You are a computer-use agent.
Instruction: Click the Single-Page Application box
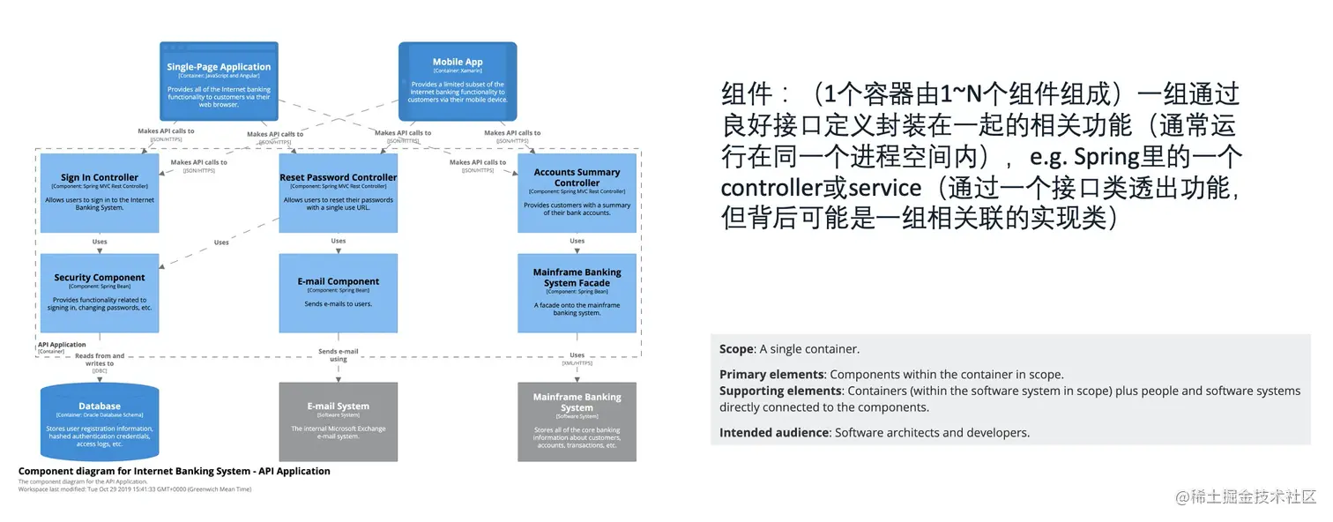coord(219,81)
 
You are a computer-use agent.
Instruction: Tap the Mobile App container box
coord(458,81)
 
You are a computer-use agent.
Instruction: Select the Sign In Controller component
coord(100,193)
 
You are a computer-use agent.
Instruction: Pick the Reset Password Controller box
coord(339,193)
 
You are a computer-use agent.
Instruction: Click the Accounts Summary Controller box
coord(577,193)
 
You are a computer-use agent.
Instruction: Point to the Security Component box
coord(100,293)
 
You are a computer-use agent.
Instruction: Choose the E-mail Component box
coord(339,293)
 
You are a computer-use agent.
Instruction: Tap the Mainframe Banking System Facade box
coord(577,293)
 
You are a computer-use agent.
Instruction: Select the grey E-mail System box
coord(339,421)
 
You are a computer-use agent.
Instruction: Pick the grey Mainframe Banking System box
coord(577,421)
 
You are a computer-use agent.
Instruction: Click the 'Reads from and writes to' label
coord(100,360)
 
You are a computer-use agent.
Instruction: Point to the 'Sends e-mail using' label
coord(339,354)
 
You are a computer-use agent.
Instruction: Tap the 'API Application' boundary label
coord(62,345)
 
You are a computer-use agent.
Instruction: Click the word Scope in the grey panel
coord(735,349)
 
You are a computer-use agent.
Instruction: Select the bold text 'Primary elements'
coord(771,375)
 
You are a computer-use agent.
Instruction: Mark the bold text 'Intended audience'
coord(773,433)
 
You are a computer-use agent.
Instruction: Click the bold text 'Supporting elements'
coord(780,391)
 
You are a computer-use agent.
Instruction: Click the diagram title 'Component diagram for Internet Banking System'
coord(175,471)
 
